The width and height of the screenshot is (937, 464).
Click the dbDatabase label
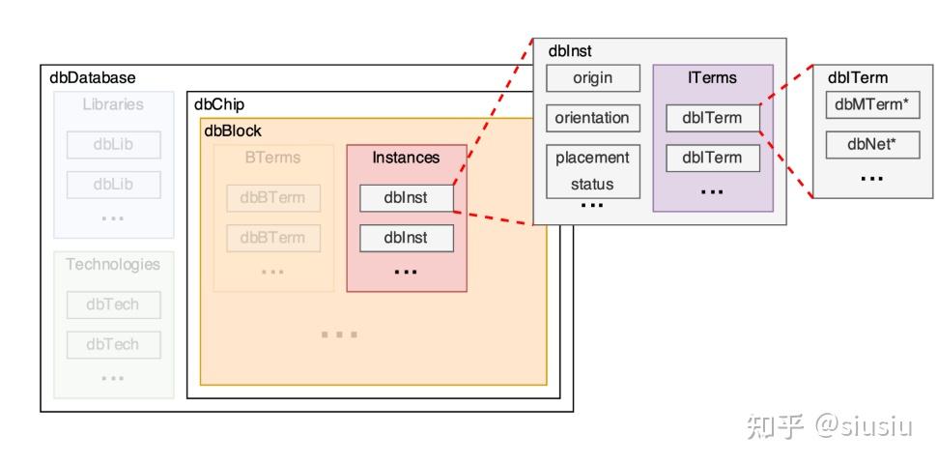point(93,78)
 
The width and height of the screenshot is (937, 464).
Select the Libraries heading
point(113,104)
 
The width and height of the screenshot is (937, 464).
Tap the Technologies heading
point(113,264)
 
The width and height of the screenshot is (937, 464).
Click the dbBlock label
point(233,130)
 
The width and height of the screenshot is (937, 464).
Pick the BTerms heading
point(272,158)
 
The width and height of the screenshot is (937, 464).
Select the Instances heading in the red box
point(406,158)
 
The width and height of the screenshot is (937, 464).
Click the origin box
point(592,78)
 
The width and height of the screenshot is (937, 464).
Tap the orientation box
point(592,118)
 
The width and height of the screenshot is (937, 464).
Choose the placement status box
point(592,170)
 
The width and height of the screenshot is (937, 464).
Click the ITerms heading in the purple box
point(712,78)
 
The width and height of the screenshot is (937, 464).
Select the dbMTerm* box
point(872,105)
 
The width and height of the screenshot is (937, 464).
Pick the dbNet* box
point(872,145)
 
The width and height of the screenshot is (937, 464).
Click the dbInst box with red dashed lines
point(406,197)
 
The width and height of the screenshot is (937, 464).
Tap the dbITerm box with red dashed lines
point(712,118)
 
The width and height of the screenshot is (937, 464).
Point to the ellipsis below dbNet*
point(872,179)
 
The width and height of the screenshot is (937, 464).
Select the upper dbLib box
point(113,144)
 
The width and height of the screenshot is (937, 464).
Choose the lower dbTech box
point(113,344)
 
